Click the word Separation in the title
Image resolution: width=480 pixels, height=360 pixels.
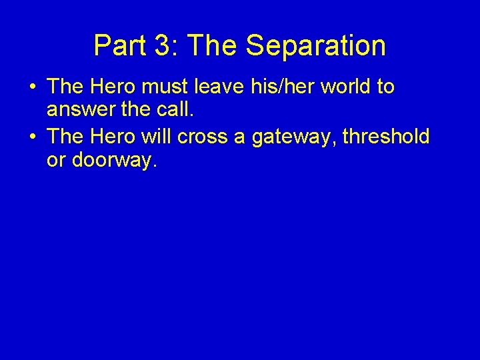315,46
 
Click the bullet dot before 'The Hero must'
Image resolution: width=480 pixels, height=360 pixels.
33,87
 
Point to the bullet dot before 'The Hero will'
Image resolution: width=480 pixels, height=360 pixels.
33,137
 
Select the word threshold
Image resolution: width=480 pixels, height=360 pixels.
387,137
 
